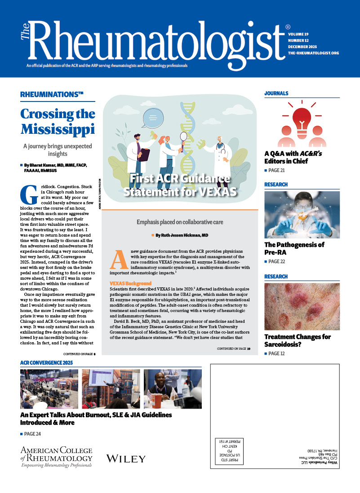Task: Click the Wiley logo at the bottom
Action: coord(126,458)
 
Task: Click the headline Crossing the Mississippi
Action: coord(58,121)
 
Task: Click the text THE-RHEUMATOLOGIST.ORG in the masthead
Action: coord(313,53)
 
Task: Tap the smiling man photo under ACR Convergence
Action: coord(172,389)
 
